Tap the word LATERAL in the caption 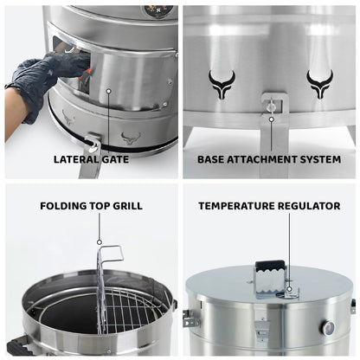coord(75,159)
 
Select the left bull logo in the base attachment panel coord(222,84)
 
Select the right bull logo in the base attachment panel coord(319,84)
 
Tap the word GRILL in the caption coord(126,206)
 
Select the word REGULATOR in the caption coord(309,206)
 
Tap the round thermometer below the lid coord(328,328)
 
